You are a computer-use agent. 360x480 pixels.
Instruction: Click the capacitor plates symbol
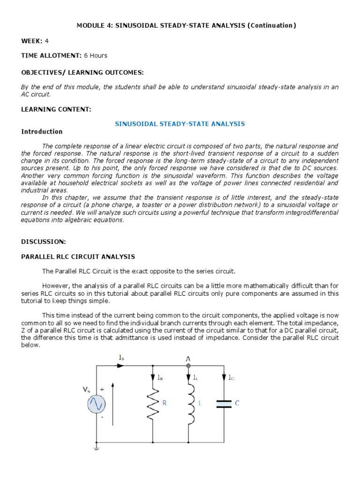click(224, 404)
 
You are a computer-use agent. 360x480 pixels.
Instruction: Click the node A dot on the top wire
click(188, 366)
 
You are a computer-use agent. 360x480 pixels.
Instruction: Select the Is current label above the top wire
click(122, 358)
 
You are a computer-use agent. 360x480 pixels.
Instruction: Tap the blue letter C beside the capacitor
click(237, 403)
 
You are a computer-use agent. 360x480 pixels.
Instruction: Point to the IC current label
click(232, 377)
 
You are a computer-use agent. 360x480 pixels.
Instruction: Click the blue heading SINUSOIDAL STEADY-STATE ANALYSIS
click(180, 124)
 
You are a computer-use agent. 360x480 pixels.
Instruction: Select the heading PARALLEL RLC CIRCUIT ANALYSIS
click(78, 257)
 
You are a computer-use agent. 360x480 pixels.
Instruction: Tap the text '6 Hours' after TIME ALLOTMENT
click(96, 55)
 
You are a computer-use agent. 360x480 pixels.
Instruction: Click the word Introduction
click(42, 132)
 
